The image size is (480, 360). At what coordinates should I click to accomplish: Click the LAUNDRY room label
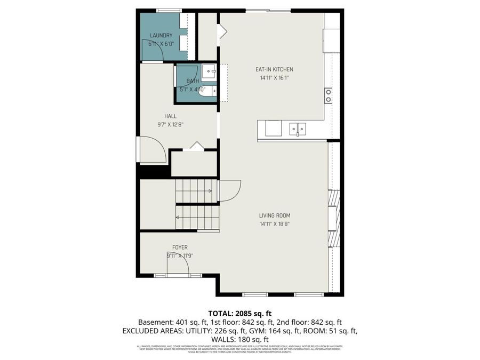click(x=161, y=36)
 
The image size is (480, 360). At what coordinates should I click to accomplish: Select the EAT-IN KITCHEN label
click(x=274, y=69)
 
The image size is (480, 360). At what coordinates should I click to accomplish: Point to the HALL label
click(x=170, y=116)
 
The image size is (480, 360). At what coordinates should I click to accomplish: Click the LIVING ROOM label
click(x=275, y=215)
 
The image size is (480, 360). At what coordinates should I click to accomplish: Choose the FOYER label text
click(x=179, y=247)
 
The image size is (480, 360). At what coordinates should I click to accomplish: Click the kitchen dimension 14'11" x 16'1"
click(x=274, y=78)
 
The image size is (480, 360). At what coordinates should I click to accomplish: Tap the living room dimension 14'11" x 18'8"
click(x=275, y=224)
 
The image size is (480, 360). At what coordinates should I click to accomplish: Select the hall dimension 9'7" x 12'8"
click(x=170, y=125)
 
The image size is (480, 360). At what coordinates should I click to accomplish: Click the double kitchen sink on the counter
click(x=297, y=129)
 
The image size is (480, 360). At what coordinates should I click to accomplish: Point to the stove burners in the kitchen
click(x=328, y=95)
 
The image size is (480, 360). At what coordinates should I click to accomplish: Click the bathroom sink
click(x=209, y=69)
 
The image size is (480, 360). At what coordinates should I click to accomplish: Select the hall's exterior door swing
click(x=153, y=149)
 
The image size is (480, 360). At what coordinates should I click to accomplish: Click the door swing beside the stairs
click(x=229, y=190)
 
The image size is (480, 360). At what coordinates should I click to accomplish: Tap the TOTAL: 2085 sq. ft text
click(x=240, y=313)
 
